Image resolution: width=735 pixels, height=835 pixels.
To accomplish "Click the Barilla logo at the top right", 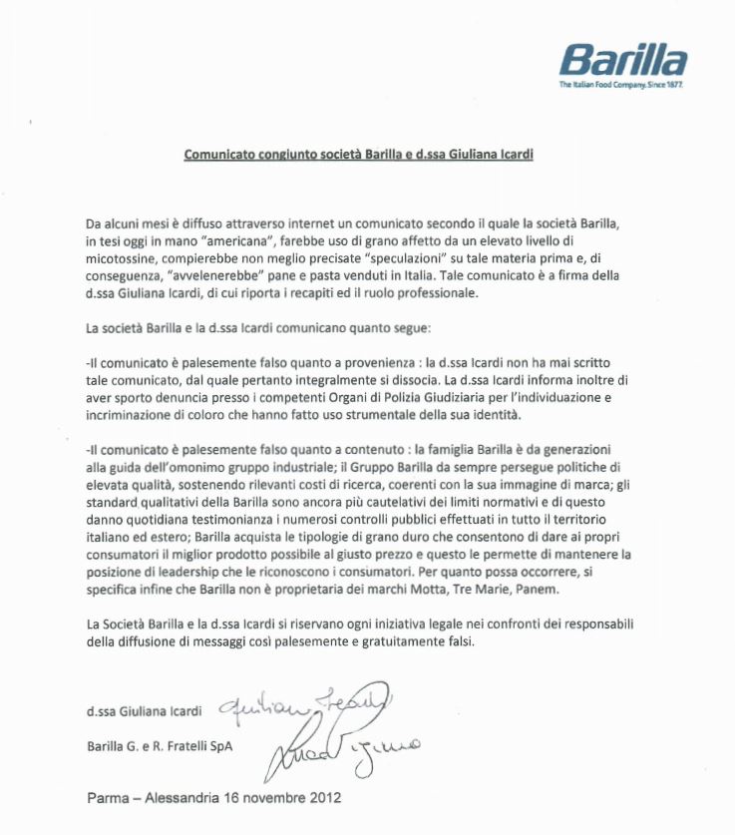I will [623, 60].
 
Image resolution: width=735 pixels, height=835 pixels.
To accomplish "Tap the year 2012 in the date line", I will [322, 799].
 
